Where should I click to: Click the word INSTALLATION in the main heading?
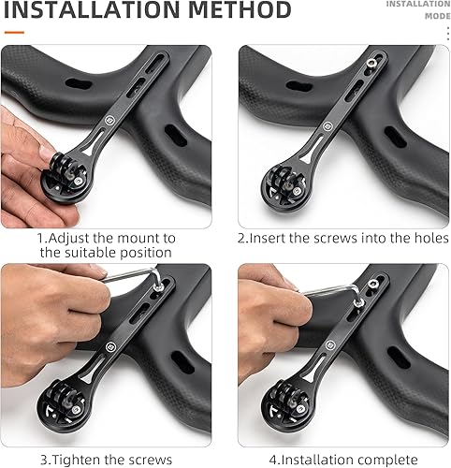click(x=89, y=11)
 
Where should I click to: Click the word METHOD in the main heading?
click(x=236, y=11)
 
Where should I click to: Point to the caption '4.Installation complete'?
click(x=339, y=459)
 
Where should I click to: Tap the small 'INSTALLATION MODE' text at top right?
click(x=418, y=10)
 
